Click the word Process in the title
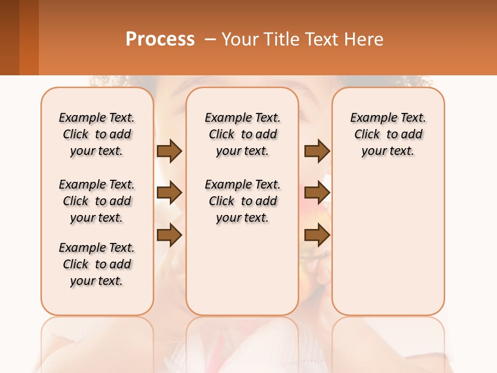(x=160, y=39)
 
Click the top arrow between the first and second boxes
(x=169, y=151)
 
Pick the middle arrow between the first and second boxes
(x=169, y=193)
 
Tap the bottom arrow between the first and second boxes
(x=169, y=235)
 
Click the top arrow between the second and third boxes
(x=317, y=151)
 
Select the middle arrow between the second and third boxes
(x=317, y=193)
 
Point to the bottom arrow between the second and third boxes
(x=317, y=235)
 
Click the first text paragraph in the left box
(x=97, y=134)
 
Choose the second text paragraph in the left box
(x=97, y=201)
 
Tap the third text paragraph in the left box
(x=97, y=264)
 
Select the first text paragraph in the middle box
(x=243, y=134)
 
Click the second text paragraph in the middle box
(x=243, y=201)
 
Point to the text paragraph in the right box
(x=388, y=134)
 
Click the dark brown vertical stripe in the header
(x=9, y=37)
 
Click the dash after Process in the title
(x=210, y=40)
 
